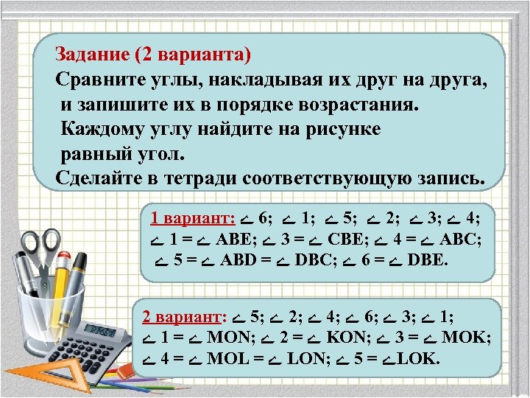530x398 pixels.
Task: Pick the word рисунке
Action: (343, 130)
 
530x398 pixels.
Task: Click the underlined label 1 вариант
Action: (192, 219)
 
